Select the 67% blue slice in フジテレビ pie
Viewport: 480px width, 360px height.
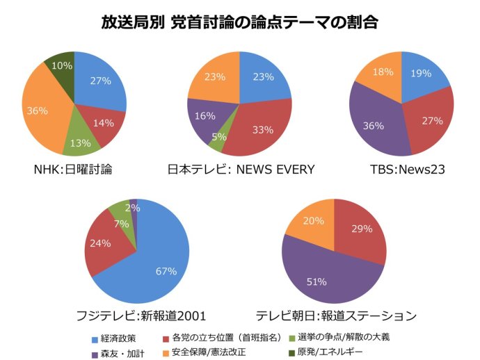click(157, 264)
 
